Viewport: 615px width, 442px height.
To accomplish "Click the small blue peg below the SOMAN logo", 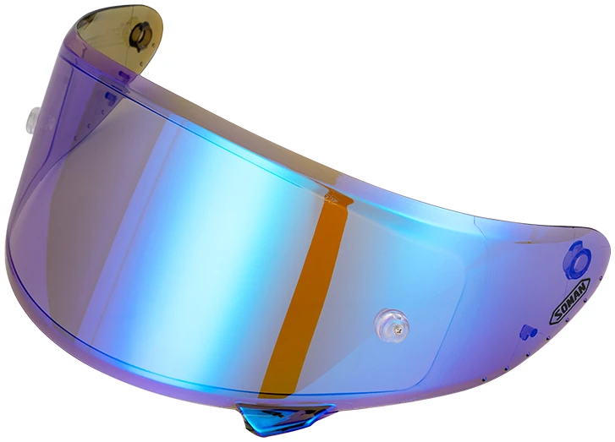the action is (528, 332).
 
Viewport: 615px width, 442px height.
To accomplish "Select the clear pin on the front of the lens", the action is (391, 325).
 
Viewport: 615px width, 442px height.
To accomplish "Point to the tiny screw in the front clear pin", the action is (399, 331).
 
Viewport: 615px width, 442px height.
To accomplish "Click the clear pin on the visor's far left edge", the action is (33, 117).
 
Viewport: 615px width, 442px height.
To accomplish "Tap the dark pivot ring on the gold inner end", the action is (140, 36).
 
